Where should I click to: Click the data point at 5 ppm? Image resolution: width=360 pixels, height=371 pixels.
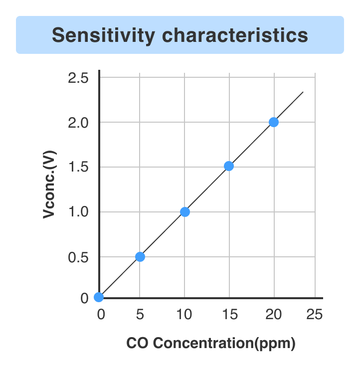point(140,257)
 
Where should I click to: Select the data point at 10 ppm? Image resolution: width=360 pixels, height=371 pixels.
point(184,212)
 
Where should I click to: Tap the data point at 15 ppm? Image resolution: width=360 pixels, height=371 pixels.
point(229,166)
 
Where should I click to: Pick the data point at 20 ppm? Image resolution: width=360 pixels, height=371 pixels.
point(273,122)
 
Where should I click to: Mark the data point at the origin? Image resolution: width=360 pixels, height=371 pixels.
point(99,297)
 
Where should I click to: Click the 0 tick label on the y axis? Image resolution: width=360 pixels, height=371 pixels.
point(84,298)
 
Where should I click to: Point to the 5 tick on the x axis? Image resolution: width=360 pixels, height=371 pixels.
point(140,315)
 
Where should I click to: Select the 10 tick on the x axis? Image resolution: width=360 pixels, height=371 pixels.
point(184,315)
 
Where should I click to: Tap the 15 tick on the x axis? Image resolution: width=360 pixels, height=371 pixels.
point(229,315)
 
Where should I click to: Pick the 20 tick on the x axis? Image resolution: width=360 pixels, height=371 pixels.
point(273,315)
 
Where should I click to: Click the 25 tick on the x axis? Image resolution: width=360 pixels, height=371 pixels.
point(315,315)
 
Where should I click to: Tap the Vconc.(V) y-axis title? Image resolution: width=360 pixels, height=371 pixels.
point(49,185)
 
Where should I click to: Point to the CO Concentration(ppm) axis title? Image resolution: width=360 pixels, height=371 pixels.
point(210,344)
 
